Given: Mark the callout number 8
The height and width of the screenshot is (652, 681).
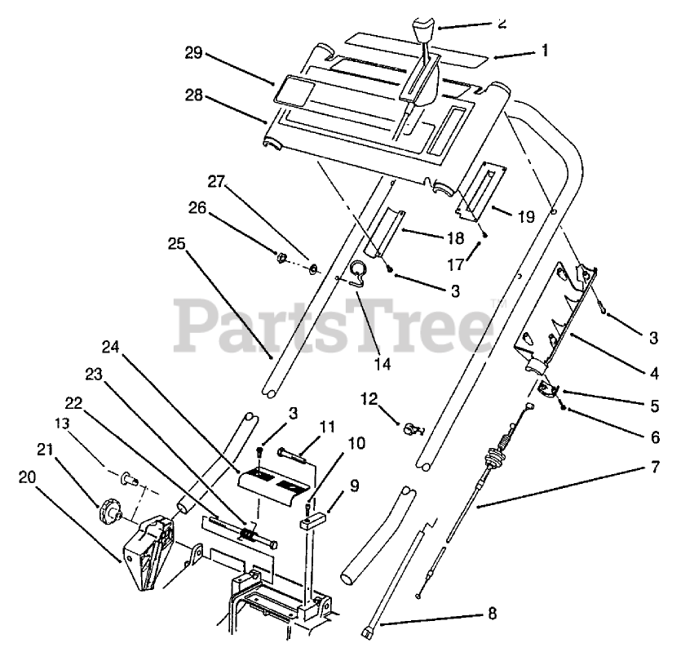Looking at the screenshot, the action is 491,612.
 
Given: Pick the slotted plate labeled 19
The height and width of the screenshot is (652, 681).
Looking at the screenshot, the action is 480,190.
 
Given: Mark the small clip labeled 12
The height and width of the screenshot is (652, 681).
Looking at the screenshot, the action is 410,426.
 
